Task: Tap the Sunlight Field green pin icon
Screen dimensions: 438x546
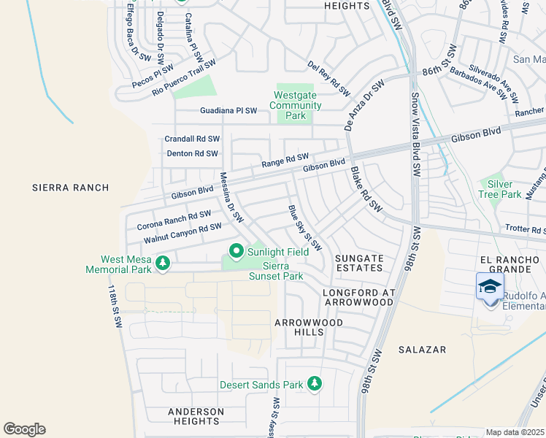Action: (x=236, y=251)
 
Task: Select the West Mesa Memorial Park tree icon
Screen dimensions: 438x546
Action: (x=163, y=263)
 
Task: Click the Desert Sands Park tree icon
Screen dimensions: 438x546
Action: (x=315, y=383)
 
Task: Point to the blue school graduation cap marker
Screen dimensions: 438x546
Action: (x=490, y=286)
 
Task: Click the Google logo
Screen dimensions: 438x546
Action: (x=24, y=429)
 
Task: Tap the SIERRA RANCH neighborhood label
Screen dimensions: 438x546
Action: (x=71, y=188)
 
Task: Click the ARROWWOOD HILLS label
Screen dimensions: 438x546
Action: (x=299, y=327)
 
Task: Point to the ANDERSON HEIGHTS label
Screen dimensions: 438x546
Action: (x=196, y=416)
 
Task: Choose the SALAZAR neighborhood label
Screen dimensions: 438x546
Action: (x=422, y=350)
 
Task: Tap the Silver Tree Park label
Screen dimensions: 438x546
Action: (x=500, y=189)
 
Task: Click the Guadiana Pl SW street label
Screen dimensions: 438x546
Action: (x=228, y=111)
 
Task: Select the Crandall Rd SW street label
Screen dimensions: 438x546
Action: (x=192, y=139)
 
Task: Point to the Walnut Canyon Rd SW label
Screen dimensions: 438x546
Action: (x=182, y=233)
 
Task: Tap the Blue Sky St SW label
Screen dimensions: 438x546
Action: (x=304, y=230)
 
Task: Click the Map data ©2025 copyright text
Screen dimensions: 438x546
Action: (x=515, y=432)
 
